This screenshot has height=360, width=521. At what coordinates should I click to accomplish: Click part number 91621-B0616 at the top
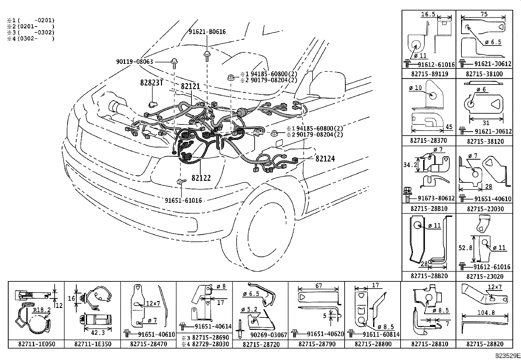[207, 32]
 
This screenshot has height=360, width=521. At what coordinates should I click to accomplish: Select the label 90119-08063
[134, 61]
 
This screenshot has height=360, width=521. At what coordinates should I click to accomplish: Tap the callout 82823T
[152, 83]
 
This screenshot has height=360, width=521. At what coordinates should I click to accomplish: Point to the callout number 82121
[190, 86]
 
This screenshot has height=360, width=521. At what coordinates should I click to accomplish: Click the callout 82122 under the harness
[201, 178]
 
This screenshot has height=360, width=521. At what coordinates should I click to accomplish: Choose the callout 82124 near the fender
[325, 159]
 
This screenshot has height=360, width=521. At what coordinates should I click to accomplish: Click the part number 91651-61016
[183, 200]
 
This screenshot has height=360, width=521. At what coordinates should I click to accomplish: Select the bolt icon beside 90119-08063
[174, 62]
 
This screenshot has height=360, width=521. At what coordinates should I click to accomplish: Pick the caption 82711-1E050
[36, 344]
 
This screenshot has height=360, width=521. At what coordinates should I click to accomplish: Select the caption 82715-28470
[148, 344]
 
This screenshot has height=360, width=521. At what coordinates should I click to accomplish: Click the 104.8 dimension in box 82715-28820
[486, 313]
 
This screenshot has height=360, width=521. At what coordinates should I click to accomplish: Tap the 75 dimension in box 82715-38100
[484, 14]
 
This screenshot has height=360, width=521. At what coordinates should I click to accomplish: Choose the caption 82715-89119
[429, 74]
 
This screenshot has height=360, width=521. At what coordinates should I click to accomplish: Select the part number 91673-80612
[436, 198]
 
